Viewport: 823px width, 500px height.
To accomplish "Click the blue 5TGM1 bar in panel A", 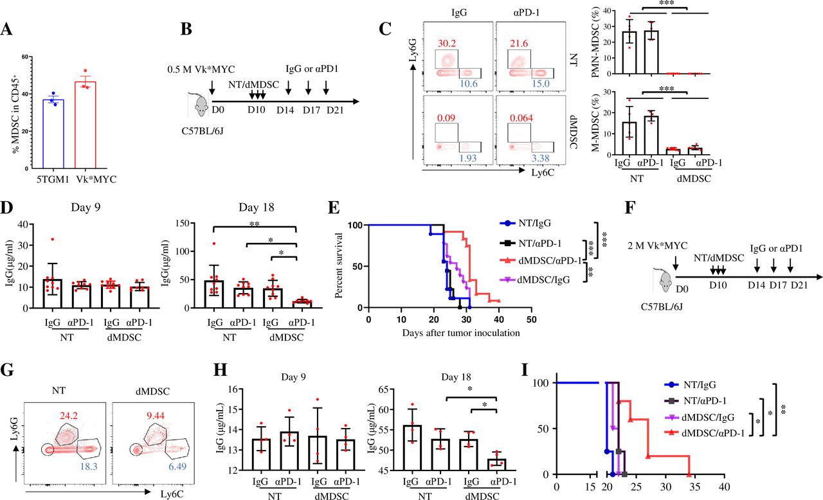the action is point(53,134).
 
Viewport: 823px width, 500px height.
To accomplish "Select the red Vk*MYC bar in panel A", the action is point(86,125).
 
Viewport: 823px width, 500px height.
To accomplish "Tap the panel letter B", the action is point(186,29).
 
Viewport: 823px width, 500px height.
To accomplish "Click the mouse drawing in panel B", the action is point(199,105).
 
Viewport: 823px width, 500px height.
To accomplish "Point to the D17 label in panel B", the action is point(312,110).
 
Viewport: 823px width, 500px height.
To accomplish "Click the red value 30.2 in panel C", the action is point(447,43).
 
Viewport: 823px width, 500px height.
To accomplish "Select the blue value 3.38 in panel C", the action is point(541,158).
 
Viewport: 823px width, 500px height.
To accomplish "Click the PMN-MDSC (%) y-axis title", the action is point(596,42).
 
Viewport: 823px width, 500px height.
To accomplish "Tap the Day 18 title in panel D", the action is point(257,208).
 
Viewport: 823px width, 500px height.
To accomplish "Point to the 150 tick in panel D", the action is point(183,223).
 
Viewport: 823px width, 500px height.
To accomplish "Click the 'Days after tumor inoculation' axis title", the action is point(461,333).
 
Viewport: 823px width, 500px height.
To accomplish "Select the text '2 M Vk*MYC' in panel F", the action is point(658,246).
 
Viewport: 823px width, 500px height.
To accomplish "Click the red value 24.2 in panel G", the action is point(69,416).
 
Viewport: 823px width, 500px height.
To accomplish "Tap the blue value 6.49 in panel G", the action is point(177,466).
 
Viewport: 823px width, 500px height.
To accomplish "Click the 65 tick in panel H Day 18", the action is point(384,389).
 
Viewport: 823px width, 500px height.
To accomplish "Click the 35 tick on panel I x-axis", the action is point(694,487).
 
